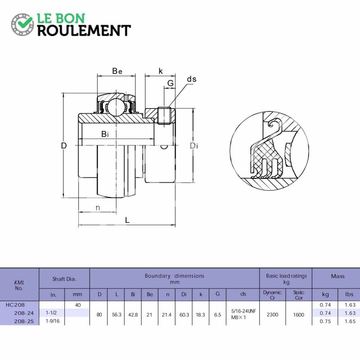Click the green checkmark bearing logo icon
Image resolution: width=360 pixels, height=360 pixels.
[x=22, y=25]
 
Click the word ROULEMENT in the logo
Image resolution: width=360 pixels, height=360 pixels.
[x=84, y=31]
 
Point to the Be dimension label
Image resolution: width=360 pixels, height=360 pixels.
[x=117, y=71]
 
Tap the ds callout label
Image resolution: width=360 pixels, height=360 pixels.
[x=192, y=79]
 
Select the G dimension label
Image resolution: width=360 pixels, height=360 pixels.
[x=171, y=83]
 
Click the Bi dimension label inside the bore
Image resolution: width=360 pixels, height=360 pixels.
[x=105, y=134]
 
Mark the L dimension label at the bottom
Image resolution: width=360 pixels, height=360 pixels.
[x=127, y=220]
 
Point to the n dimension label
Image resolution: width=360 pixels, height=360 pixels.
[x=98, y=208]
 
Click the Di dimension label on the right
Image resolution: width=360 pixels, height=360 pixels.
[x=194, y=145]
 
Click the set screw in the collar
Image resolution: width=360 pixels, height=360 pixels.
[x=164, y=116]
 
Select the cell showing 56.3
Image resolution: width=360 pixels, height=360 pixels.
[x=117, y=315]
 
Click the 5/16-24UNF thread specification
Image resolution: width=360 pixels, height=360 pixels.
[x=243, y=311]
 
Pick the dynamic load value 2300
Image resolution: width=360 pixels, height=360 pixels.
[x=272, y=315]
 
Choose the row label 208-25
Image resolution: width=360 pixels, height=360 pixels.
[x=24, y=321]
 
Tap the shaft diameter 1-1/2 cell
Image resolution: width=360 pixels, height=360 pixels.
[x=51, y=313]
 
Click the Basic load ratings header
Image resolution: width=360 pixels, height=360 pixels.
[x=286, y=276]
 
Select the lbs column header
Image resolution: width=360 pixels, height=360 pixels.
[x=349, y=294]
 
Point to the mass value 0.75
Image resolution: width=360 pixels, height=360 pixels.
[x=325, y=321]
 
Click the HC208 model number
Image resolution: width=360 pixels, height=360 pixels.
[x=15, y=305]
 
